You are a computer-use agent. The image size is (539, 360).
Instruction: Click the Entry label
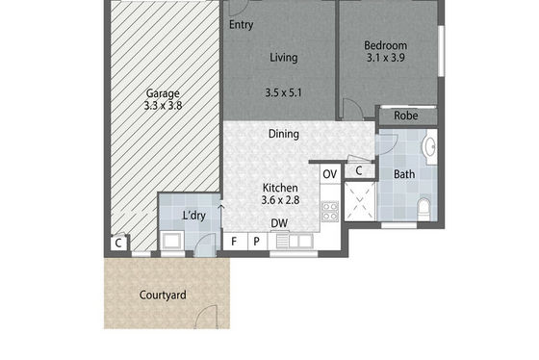241,25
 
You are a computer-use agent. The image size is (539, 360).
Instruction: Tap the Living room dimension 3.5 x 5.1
283,92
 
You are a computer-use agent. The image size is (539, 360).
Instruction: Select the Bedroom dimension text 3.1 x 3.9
385,58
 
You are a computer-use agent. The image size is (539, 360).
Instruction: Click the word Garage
163,93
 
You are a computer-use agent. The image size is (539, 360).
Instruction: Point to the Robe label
406,116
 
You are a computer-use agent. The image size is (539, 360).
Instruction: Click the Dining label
284,134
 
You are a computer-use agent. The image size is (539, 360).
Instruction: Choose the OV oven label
329,174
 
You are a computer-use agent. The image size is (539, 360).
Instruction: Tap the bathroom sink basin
429,147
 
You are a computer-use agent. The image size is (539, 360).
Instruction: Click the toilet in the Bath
424,208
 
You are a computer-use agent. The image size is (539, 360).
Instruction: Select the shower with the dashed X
360,201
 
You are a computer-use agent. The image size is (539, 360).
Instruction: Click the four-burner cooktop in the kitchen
330,211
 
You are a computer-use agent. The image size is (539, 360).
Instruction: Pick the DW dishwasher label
279,223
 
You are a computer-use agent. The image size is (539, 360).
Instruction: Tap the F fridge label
234,242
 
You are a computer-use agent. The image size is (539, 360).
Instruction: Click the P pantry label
256,242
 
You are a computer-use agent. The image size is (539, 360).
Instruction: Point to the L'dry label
193,216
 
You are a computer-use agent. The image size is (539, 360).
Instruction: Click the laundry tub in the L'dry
172,241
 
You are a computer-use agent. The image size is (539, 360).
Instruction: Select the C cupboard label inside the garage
118,244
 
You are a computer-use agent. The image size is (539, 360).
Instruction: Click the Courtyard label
163,295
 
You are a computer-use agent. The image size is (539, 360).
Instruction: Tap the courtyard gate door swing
206,317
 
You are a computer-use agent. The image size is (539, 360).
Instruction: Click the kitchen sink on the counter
295,241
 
